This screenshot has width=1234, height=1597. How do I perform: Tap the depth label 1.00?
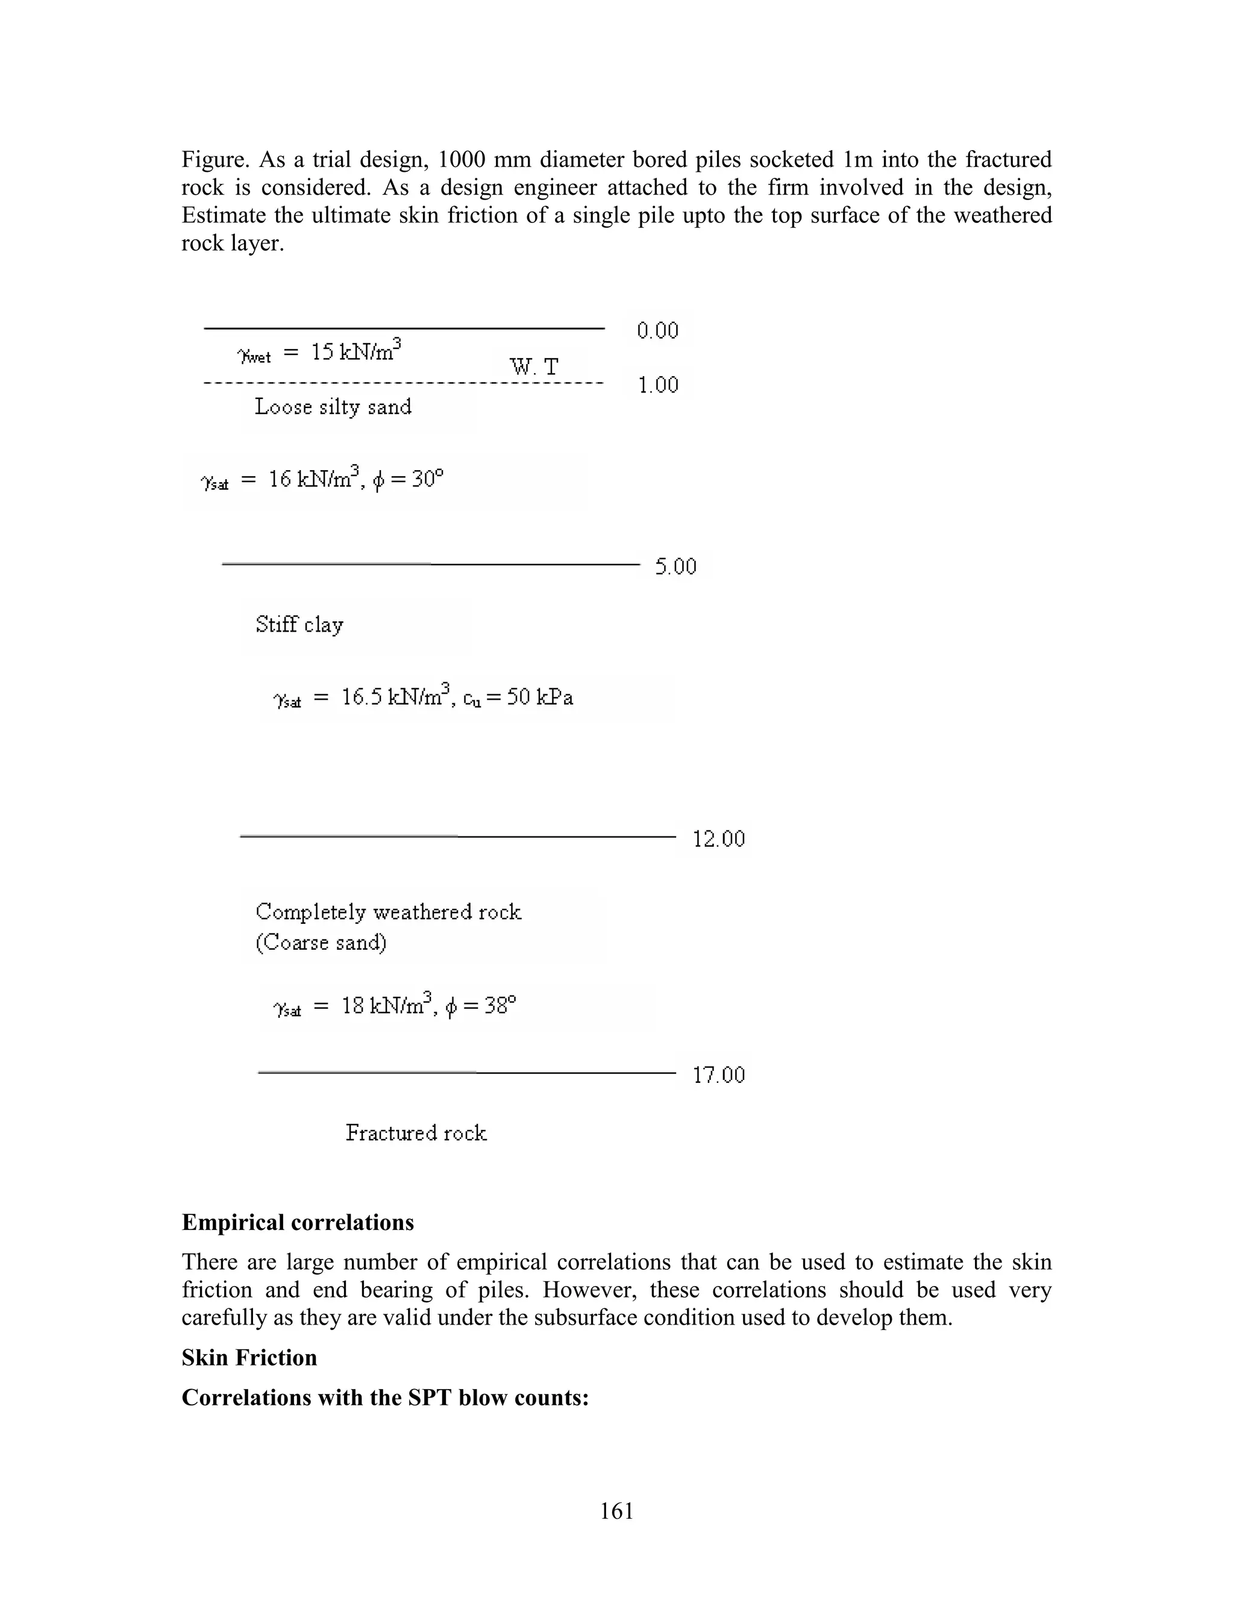point(658,385)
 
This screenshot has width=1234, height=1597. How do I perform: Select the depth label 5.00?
point(675,566)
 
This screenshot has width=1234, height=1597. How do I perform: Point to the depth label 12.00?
point(718,839)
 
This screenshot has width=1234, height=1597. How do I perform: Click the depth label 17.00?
point(718,1075)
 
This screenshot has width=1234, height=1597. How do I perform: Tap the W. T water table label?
point(534,366)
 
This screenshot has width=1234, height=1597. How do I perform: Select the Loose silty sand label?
point(333,407)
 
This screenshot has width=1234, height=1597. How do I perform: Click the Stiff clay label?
point(299,624)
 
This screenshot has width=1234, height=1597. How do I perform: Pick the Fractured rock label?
point(416,1133)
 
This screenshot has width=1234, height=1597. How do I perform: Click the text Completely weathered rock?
point(388,912)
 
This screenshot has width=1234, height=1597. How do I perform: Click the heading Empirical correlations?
point(298,1223)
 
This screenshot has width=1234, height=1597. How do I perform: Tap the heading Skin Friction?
point(249,1357)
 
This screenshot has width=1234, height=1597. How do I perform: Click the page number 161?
point(616,1511)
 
